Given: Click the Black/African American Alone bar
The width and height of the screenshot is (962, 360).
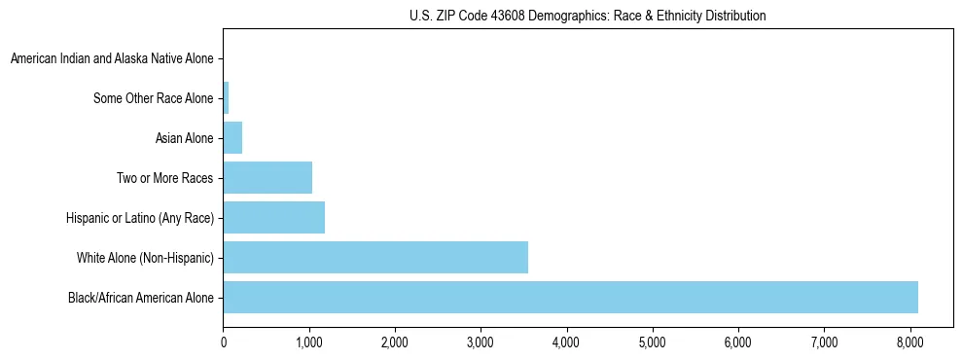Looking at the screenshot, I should tap(570, 297).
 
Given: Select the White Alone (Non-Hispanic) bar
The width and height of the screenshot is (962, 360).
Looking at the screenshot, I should tap(375, 257).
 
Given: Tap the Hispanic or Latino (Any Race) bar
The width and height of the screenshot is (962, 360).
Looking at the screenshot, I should tap(274, 218).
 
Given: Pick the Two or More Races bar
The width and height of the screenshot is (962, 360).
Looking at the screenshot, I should tap(267, 178).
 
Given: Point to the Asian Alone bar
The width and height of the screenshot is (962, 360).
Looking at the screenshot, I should tap(232, 138).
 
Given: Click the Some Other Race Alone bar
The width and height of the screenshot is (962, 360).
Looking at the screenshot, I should tap(226, 98).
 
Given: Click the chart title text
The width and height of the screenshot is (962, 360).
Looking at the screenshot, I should tap(588, 16).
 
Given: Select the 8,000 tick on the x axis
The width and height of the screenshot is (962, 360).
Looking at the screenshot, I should tap(909, 342).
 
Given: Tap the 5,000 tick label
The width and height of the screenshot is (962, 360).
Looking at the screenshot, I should tap(653, 342).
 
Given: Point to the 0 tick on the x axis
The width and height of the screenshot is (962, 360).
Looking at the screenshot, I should tap(224, 342).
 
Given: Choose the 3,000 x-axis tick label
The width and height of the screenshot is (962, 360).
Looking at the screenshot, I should tap(481, 342).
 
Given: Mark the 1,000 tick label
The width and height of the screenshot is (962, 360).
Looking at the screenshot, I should tap(309, 342).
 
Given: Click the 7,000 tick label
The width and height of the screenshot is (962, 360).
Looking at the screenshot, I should tap(824, 342).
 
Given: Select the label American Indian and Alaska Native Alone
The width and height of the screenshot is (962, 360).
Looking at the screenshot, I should tap(112, 59).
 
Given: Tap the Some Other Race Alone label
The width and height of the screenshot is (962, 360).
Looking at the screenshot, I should tap(153, 98).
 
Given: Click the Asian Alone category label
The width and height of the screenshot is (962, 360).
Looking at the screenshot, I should tap(184, 138).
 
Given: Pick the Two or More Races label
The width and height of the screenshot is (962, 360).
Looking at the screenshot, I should tap(163, 178).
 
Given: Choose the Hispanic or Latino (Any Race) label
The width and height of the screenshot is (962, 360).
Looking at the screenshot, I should tap(140, 218).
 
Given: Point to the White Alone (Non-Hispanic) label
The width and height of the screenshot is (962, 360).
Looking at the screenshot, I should tap(145, 258).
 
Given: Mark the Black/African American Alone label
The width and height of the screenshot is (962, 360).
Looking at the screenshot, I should tap(140, 297).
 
